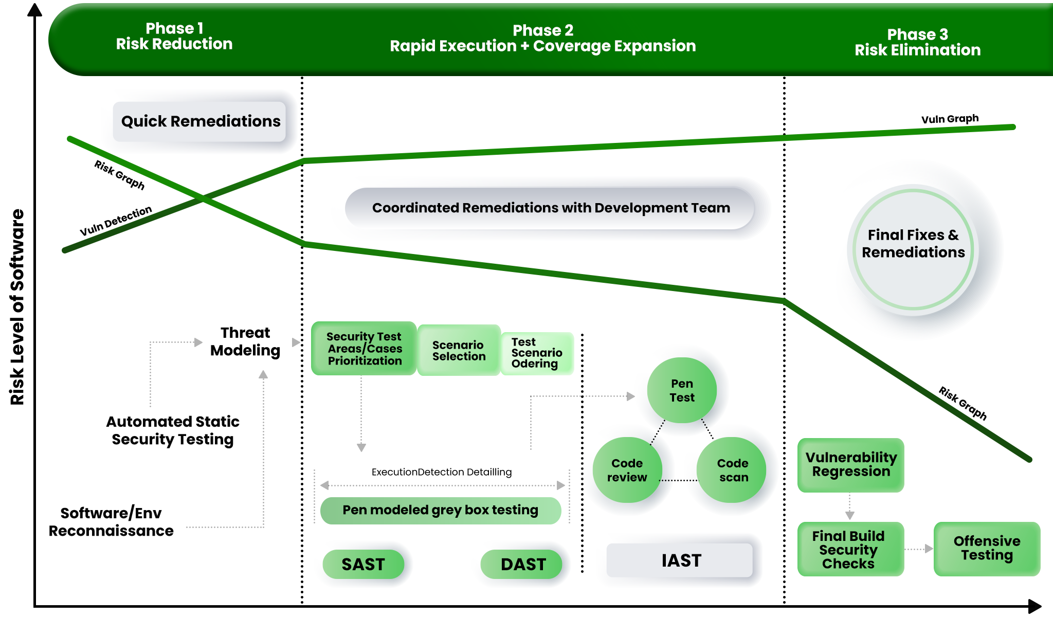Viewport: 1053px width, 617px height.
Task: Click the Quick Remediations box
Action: (x=200, y=121)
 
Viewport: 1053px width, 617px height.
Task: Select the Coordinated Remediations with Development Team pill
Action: (x=551, y=208)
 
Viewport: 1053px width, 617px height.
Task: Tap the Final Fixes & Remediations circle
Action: (x=913, y=244)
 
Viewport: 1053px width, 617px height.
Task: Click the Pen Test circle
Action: (x=682, y=390)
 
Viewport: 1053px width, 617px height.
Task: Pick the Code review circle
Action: (x=627, y=470)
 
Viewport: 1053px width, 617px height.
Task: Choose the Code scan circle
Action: (x=733, y=470)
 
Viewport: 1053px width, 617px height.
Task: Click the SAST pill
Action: (x=363, y=564)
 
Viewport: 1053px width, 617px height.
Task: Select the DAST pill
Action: (x=523, y=564)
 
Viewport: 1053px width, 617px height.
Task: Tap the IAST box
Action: (x=681, y=560)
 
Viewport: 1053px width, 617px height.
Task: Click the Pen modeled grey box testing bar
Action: (x=440, y=510)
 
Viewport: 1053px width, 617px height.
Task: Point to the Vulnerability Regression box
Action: (x=850, y=465)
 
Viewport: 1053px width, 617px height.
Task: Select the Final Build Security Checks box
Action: (x=850, y=549)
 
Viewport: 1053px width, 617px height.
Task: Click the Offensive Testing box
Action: (x=987, y=548)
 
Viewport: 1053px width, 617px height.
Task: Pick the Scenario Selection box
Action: (x=459, y=351)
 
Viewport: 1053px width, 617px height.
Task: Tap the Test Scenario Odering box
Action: (x=536, y=353)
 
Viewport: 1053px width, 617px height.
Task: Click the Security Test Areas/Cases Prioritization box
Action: (x=364, y=349)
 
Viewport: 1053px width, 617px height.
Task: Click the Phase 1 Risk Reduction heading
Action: (x=174, y=36)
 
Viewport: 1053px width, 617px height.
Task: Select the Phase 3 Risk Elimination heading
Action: (x=917, y=42)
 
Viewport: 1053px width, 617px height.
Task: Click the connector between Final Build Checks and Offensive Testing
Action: (x=919, y=549)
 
